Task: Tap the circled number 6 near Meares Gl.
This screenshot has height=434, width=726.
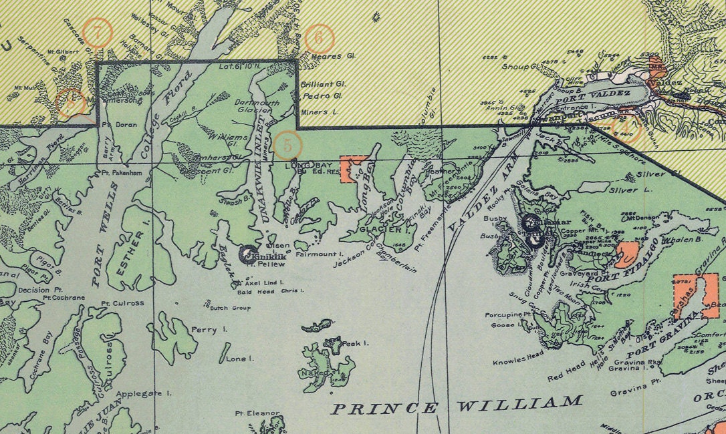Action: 318,39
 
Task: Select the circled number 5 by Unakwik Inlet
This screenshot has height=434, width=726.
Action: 288,144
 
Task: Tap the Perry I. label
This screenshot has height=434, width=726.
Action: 209,329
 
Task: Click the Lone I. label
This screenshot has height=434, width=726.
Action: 240,359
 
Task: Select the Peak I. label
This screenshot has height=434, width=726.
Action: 356,343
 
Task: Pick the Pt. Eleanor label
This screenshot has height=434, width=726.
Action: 257,413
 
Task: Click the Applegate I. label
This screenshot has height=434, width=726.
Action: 144,393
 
